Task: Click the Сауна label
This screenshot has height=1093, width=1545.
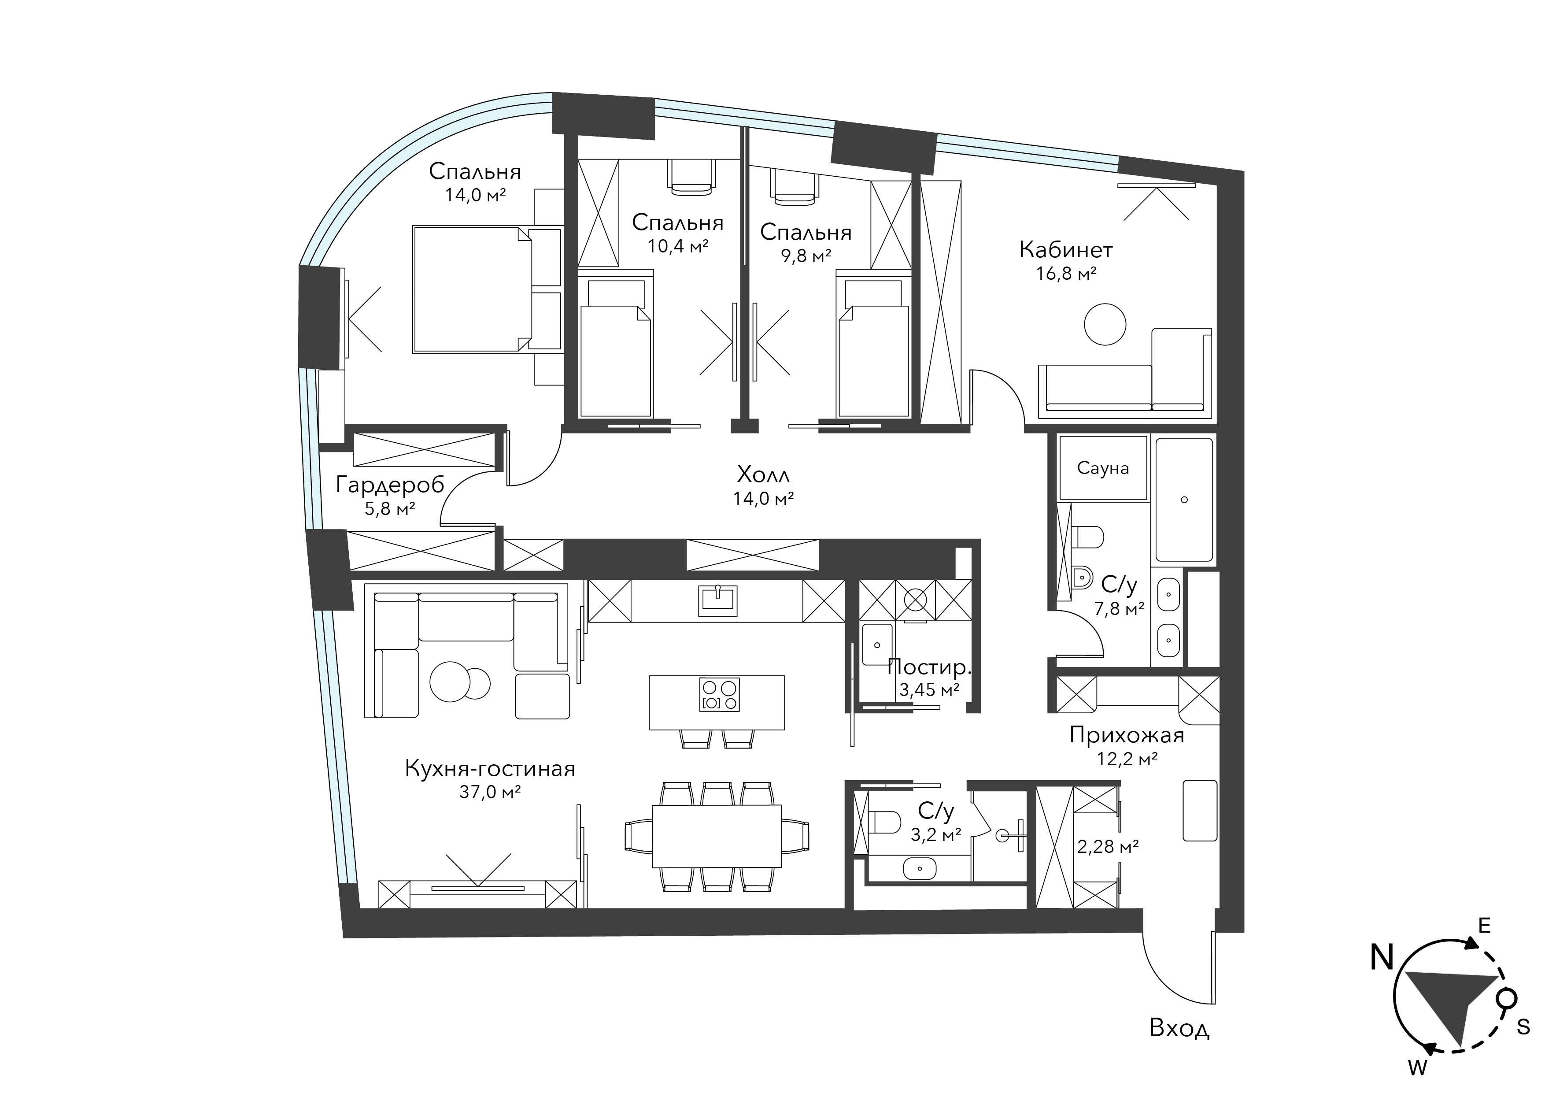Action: click(1102, 468)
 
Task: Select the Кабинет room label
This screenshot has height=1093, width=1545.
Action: click(1066, 250)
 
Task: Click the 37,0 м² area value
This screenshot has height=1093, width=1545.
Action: click(490, 792)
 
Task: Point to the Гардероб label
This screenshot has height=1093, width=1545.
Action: click(390, 485)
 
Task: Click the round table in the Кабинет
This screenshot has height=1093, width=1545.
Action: click(1105, 324)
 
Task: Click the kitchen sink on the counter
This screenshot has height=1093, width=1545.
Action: click(718, 601)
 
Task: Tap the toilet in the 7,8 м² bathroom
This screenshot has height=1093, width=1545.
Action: click(1087, 537)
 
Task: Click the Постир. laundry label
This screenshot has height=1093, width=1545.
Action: click(929, 667)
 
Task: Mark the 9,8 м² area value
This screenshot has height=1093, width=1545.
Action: click(806, 256)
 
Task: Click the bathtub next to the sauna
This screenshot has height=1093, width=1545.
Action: click(1184, 500)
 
